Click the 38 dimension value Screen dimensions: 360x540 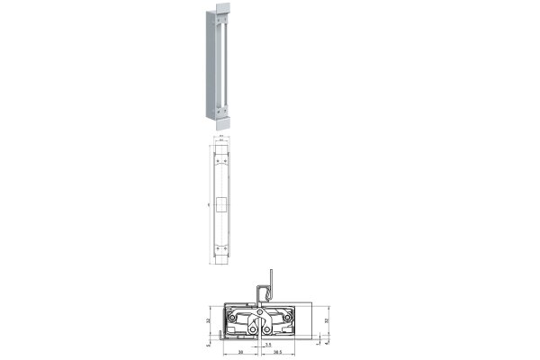(239, 353)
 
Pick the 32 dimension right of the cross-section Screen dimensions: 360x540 (326, 319)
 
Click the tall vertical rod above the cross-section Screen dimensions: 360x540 (270, 283)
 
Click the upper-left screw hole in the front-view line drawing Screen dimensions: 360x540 (217, 162)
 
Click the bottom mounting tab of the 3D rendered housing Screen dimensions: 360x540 (219, 115)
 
